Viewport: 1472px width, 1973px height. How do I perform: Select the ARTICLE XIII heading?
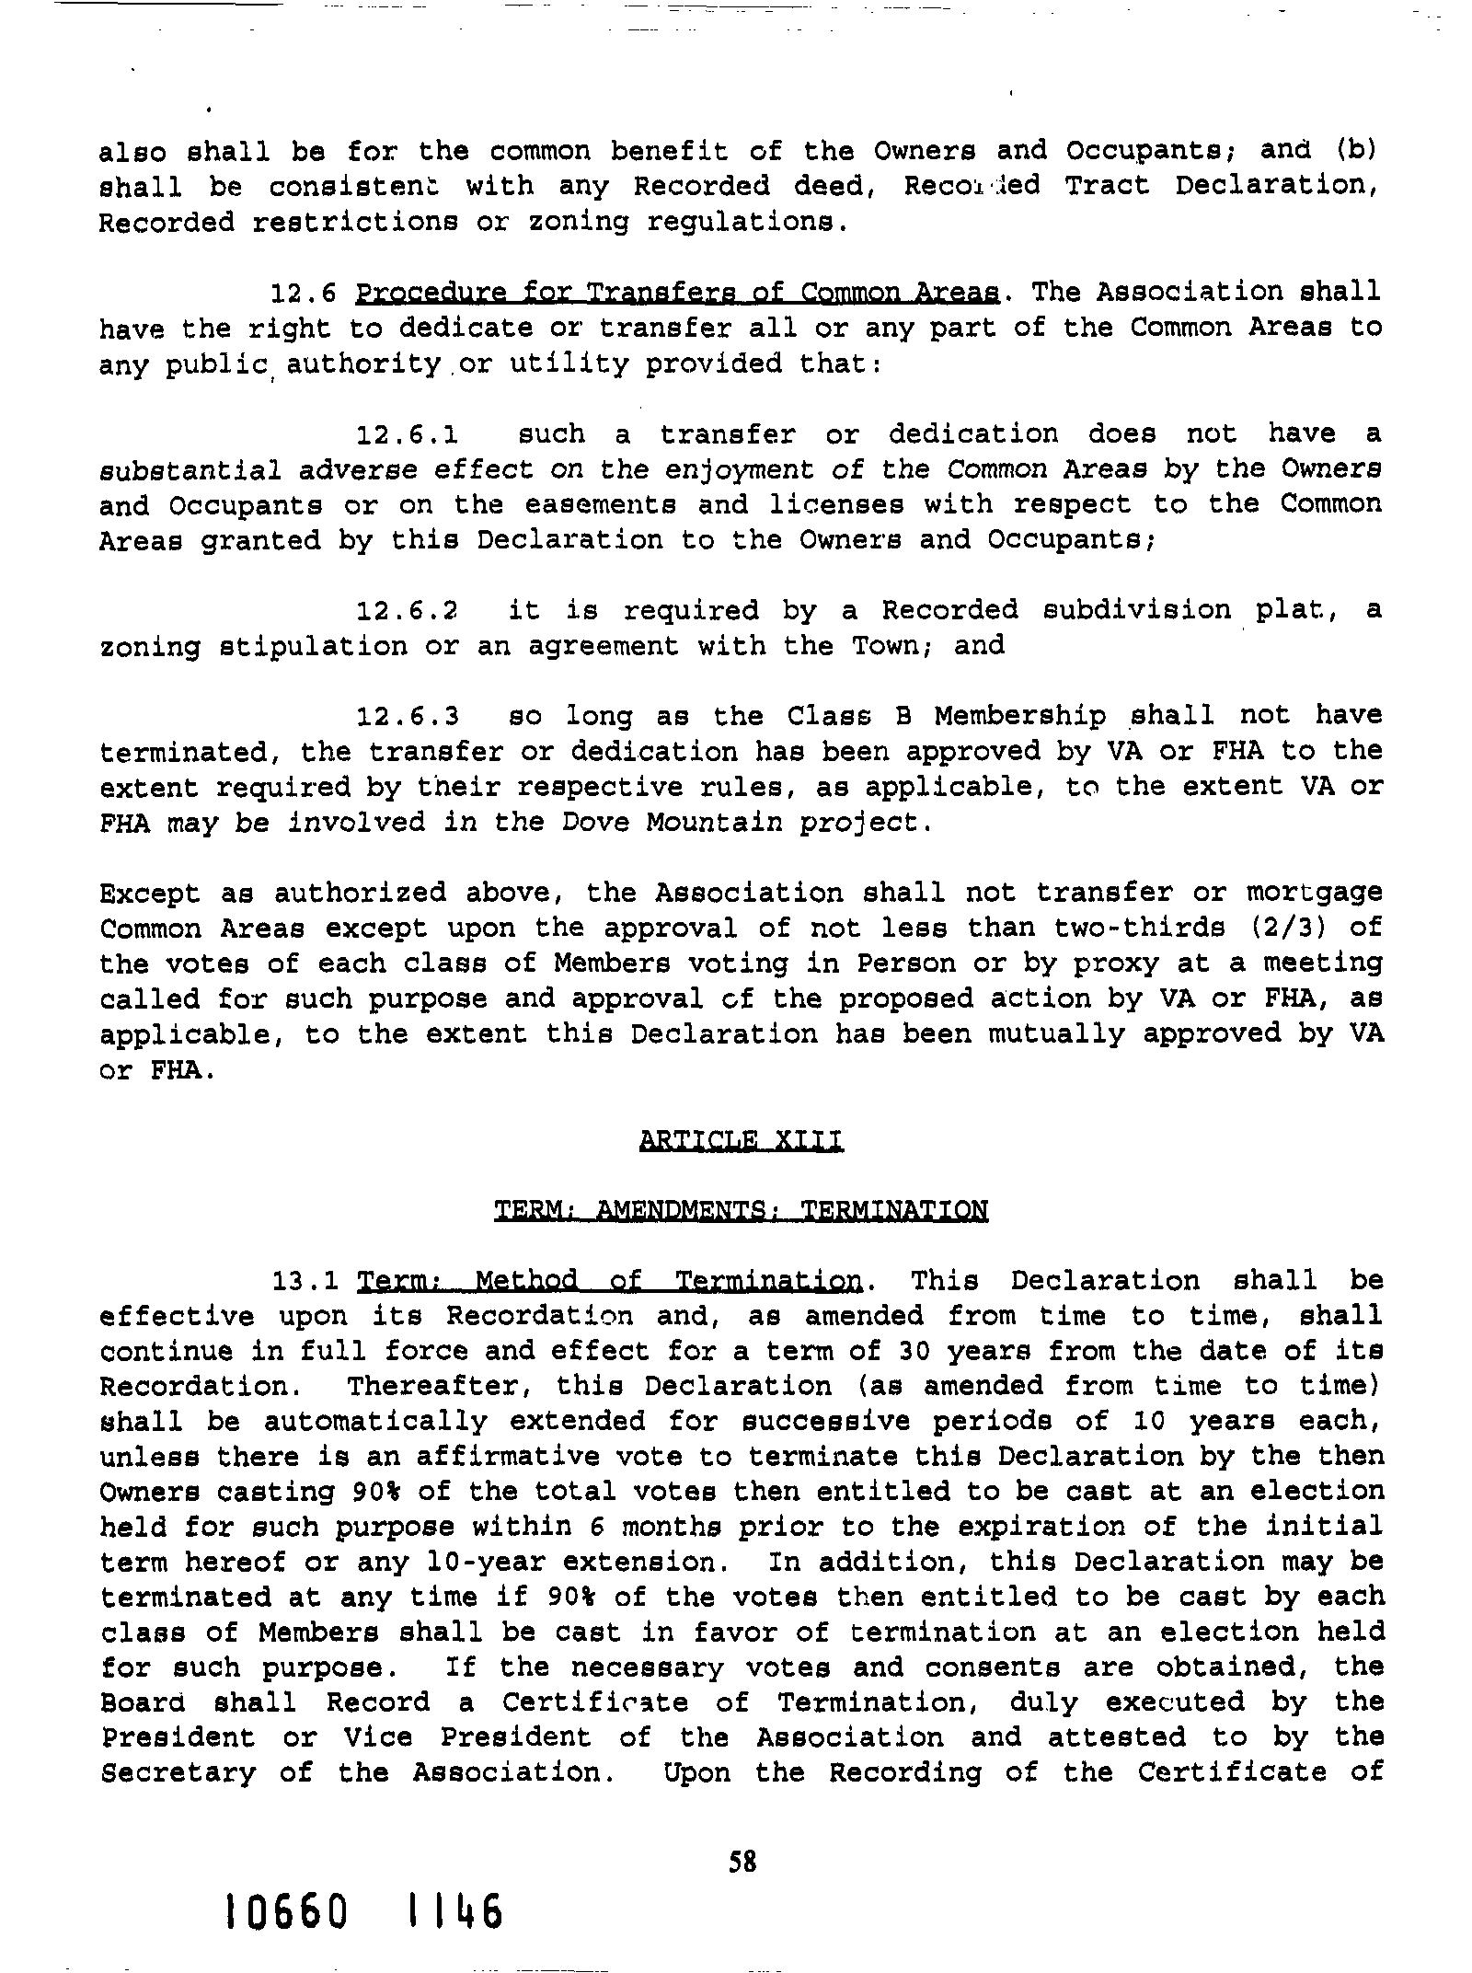(x=740, y=1141)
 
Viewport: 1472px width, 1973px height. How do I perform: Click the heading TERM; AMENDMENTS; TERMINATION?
(x=741, y=1210)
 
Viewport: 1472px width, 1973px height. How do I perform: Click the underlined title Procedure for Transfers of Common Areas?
(x=678, y=293)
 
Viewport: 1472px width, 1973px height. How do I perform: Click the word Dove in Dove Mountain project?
(x=598, y=821)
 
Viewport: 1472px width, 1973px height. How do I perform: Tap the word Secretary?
(x=178, y=1772)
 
